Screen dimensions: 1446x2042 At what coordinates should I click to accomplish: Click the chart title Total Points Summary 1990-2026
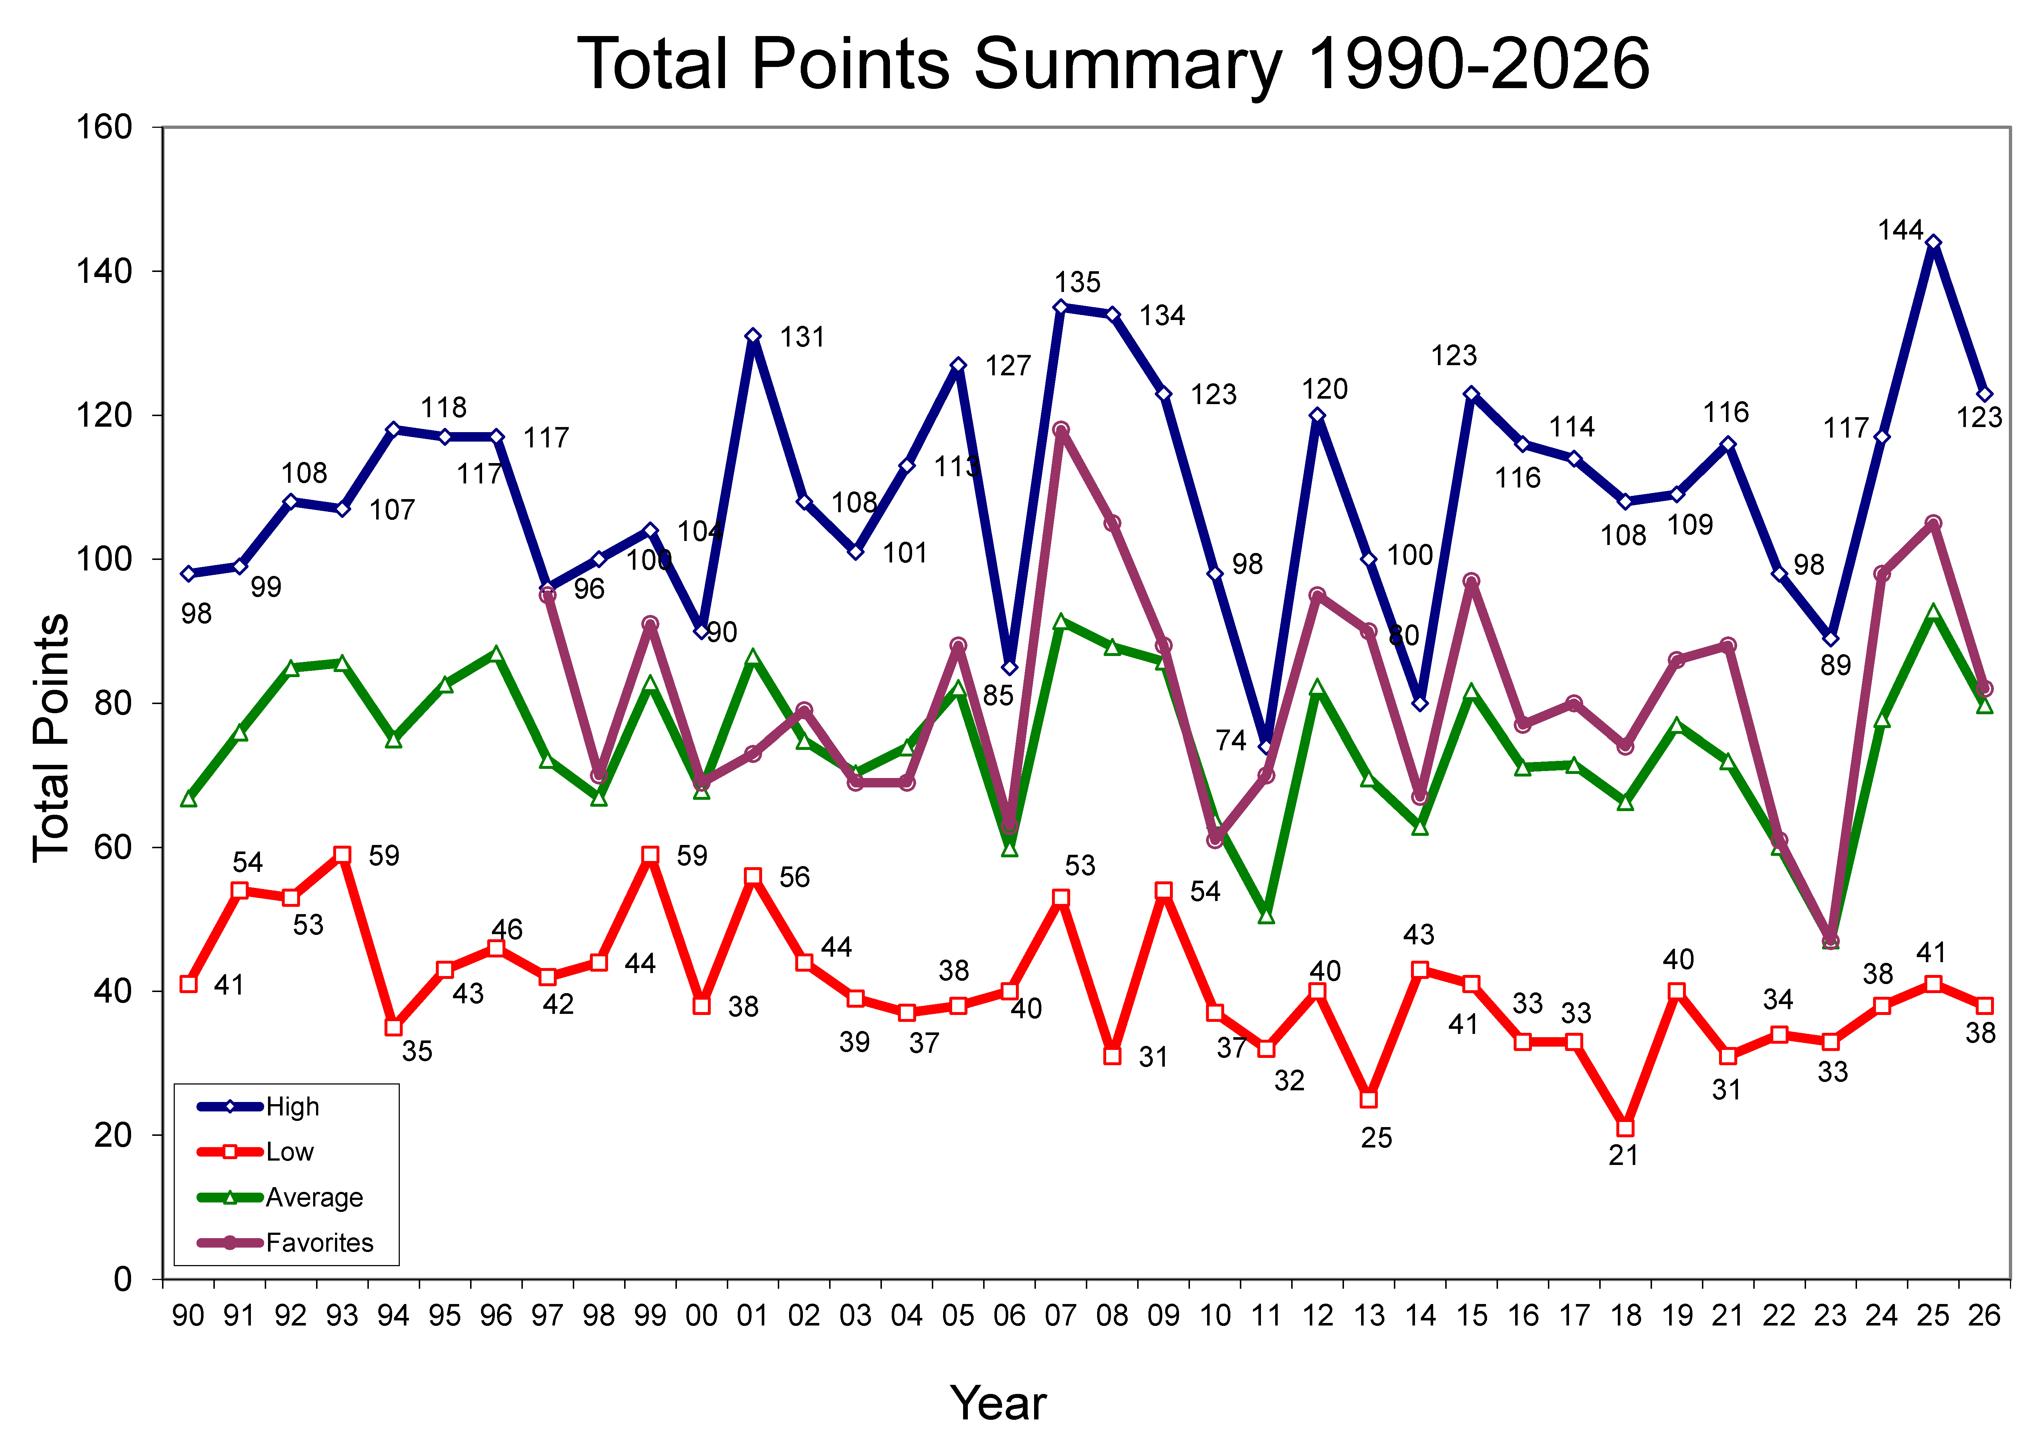[1113, 64]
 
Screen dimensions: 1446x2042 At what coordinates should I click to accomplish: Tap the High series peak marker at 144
[1932, 243]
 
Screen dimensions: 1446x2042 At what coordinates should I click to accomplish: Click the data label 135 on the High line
[1077, 282]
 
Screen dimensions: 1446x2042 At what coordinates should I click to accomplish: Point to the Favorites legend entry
[319, 1242]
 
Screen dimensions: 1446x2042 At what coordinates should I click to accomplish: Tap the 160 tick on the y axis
[104, 127]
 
